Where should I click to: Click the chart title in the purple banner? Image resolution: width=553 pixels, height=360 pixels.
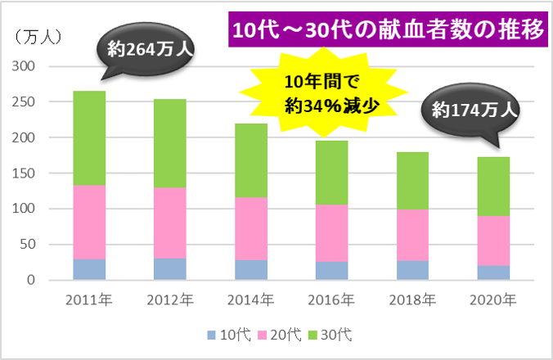387,31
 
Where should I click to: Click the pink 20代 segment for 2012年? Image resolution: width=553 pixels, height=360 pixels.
169,223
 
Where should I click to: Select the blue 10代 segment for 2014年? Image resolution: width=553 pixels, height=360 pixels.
251,269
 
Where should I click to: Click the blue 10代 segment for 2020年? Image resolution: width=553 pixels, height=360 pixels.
494,272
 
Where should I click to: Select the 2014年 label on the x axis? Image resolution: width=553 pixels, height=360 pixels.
251,299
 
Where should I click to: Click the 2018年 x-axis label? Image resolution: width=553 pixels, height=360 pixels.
413,299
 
